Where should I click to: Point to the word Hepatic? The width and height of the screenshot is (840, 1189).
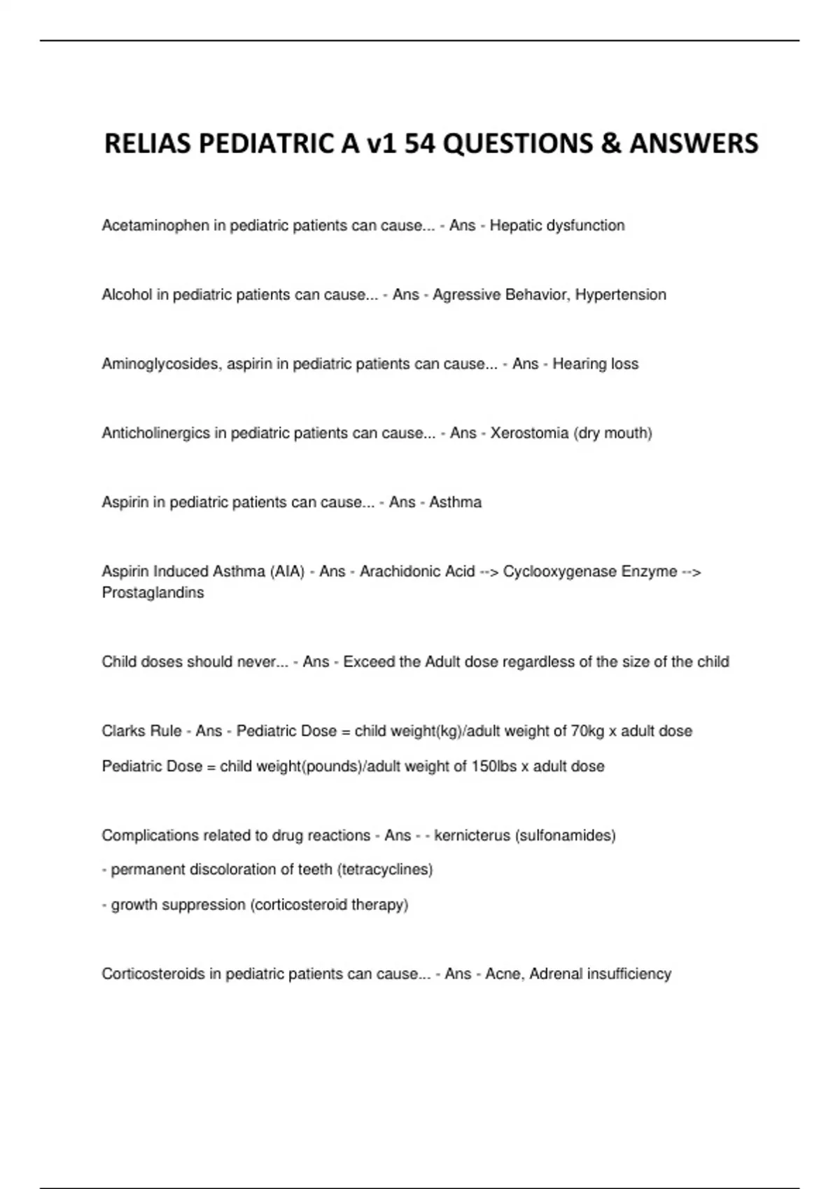tap(515, 226)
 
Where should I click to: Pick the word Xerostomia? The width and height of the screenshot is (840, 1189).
tap(529, 434)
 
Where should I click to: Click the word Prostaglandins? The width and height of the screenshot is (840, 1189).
tap(153, 593)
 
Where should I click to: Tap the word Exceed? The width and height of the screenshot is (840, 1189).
tap(369, 662)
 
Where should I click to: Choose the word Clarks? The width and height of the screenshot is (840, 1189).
tap(122, 732)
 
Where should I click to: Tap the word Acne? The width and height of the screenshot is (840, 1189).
tap(503, 974)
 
